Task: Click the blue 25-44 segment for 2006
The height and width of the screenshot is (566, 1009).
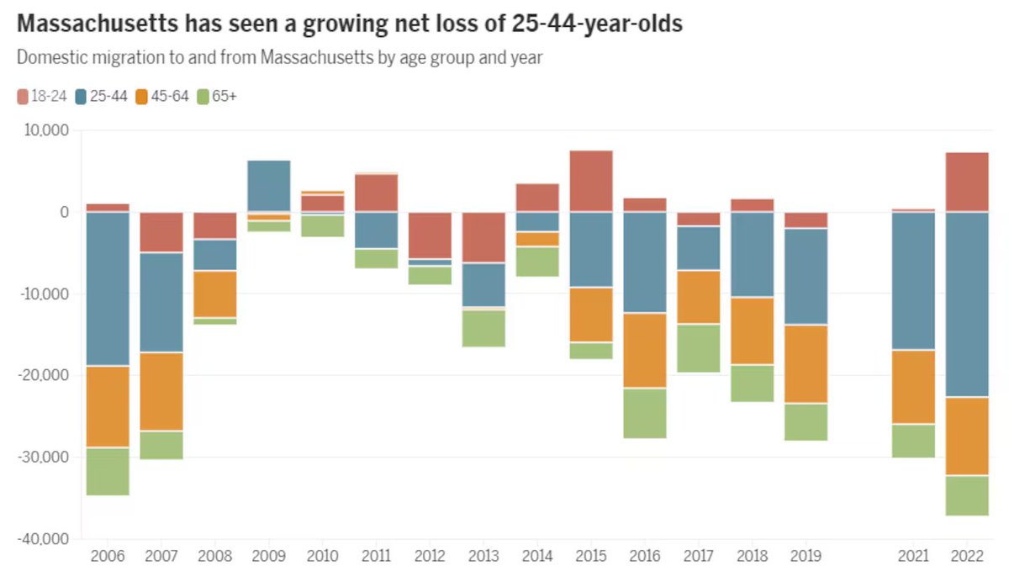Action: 108,288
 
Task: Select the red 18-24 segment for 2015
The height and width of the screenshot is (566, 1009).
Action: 591,181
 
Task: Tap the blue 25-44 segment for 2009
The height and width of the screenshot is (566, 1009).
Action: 268,186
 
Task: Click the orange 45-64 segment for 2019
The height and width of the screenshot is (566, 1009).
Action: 806,363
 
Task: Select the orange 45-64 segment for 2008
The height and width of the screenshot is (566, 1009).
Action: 215,294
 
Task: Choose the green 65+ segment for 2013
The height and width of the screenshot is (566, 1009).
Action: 483,329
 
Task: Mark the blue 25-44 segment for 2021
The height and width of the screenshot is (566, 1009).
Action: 913,281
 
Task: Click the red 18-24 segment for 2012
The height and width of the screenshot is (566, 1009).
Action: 430,235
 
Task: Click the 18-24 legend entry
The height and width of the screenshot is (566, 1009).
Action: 41,96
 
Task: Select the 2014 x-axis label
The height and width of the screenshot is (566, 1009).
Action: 537,556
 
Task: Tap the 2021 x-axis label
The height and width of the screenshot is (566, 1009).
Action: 913,556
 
